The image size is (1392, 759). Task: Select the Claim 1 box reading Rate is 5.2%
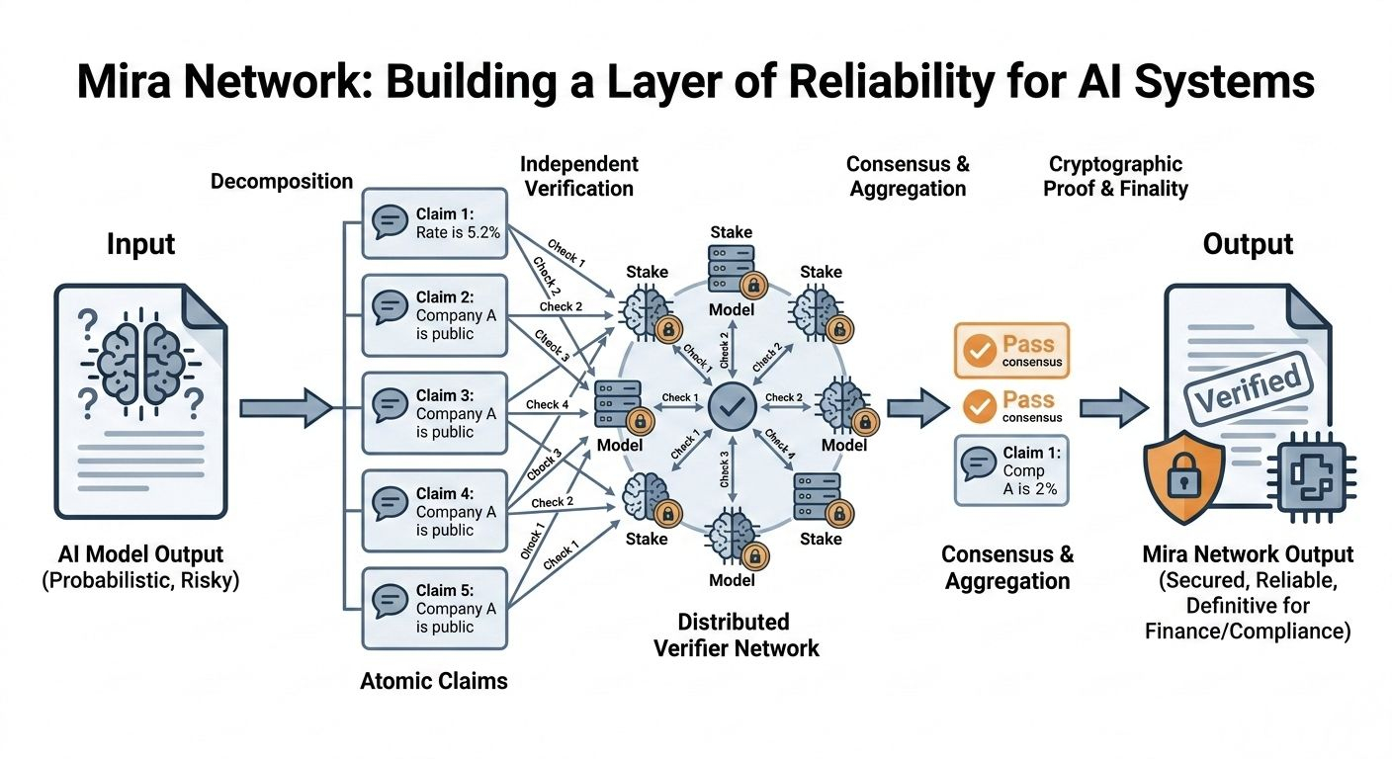[435, 223]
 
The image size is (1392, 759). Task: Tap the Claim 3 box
[435, 414]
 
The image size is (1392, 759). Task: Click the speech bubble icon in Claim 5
[390, 601]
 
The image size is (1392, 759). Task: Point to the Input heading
[140, 244]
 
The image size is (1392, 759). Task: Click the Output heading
[1248, 244]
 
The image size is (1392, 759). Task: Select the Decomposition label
[282, 181]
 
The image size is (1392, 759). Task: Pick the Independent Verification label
[579, 175]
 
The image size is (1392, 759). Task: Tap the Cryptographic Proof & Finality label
[1115, 175]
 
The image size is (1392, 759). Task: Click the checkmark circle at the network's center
[734, 405]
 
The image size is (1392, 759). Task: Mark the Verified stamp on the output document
[1248, 380]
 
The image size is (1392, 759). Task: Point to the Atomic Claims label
[435, 680]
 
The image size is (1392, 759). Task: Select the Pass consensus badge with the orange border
[1010, 351]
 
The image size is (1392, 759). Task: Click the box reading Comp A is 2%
[1010, 470]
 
